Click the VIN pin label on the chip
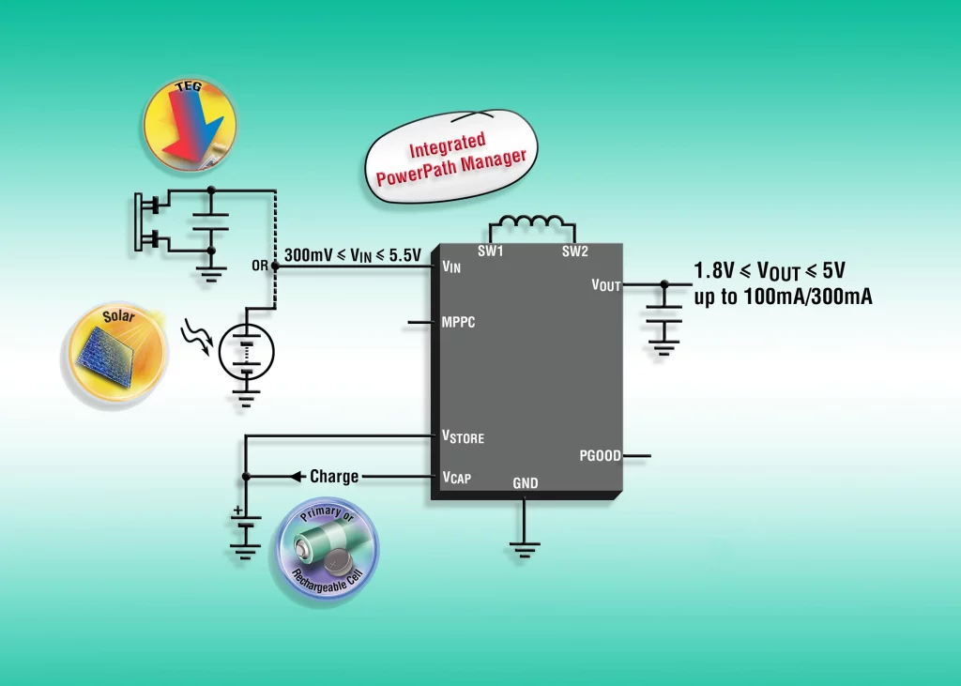click(451, 267)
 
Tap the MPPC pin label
click(458, 322)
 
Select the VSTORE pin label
click(463, 436)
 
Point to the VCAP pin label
click(456, 478)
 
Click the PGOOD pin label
click(600, 456)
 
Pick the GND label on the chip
click(526, 482)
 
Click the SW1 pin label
click(491, 252)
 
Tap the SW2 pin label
click(574, 252)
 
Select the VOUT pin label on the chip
click(606, 284)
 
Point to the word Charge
click(334, 477)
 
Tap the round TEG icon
click(190, 125)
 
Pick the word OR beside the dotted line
click(259, 267)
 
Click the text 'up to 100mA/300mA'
click(783, 298)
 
